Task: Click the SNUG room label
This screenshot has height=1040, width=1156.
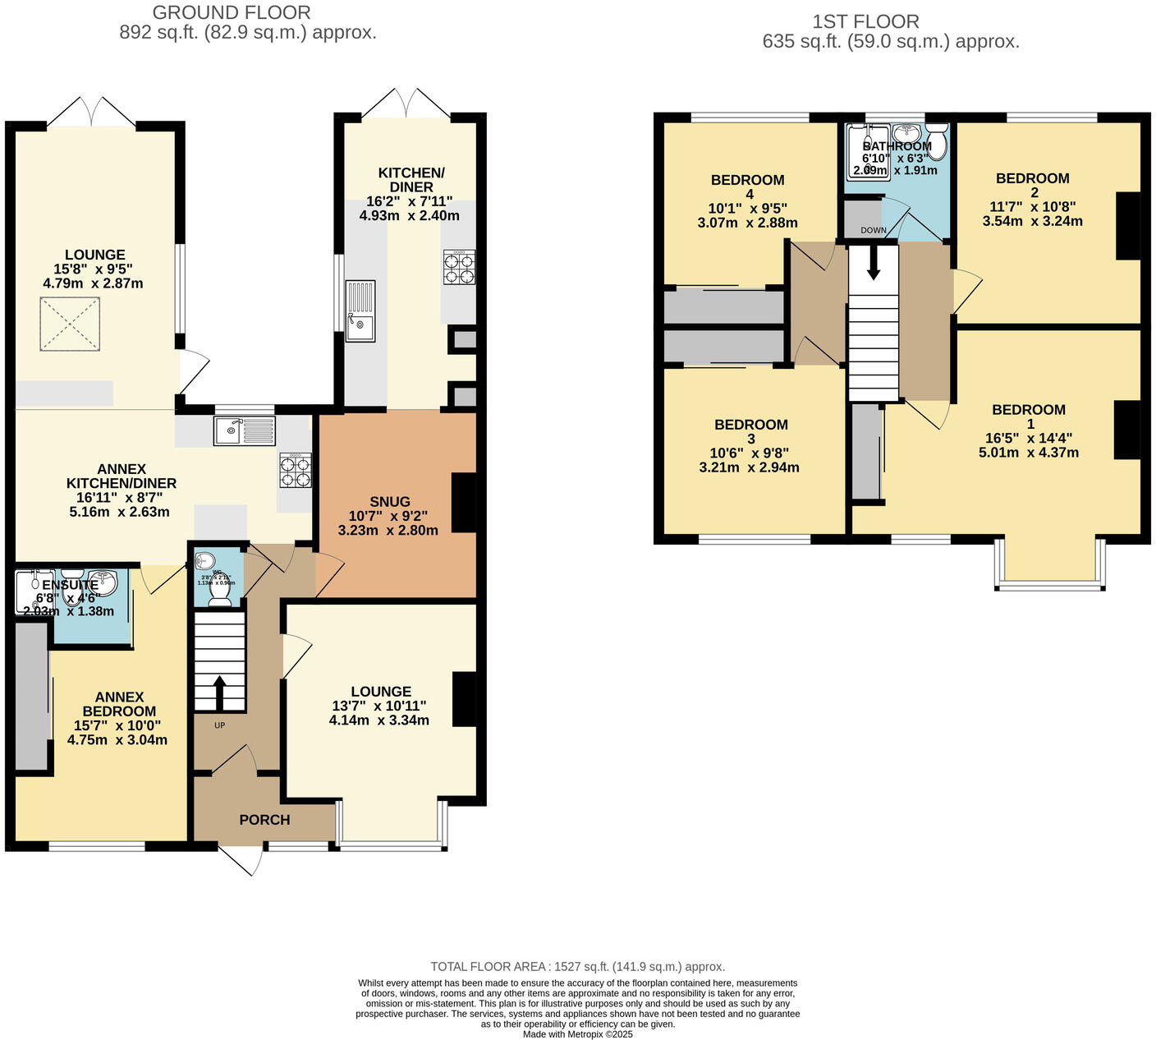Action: point(389,501)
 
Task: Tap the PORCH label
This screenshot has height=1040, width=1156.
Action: point(264,820)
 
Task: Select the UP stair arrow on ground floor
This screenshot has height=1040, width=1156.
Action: point(219,693)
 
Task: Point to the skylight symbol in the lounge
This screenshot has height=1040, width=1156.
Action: point(70,324)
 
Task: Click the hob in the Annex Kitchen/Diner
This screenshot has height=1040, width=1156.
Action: point(296,471)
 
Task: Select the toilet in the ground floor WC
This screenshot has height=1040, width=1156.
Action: point(220,589)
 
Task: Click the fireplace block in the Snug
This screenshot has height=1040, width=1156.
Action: point(465,503)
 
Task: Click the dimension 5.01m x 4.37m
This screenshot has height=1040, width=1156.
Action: point(1029,453)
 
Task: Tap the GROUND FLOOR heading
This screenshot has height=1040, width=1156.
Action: point(232,13)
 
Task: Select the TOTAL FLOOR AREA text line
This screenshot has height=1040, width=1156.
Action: point(578,967)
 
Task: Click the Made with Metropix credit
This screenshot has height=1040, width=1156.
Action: point(578,1034)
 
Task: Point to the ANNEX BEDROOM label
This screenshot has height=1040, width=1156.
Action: point(119,704)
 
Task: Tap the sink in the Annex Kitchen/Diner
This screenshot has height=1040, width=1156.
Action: point(244,430)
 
